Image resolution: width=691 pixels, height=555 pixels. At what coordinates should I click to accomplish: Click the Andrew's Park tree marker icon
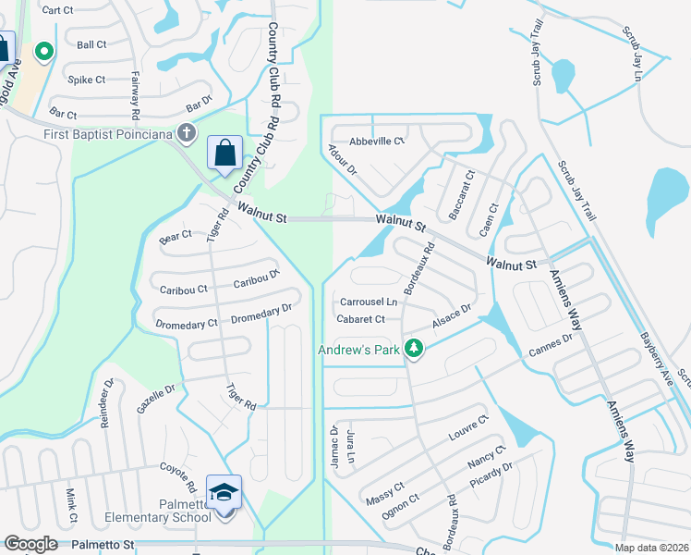point(415,349)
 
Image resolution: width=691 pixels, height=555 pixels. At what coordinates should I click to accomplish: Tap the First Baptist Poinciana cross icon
point(188,134)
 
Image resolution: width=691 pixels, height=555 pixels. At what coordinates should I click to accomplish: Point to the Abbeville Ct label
point(377,141)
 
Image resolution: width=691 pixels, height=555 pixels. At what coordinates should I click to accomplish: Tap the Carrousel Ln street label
point(368,302)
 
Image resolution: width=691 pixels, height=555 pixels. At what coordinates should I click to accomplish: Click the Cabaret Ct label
point(360,319)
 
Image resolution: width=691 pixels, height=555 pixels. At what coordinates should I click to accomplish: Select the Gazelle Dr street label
point(155,399)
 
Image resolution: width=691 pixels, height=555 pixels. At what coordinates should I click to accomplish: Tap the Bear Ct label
point(176,235)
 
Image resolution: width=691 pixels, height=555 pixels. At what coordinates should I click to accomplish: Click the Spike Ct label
point(87,80)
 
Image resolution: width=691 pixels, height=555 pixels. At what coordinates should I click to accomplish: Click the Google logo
point(30,544)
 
